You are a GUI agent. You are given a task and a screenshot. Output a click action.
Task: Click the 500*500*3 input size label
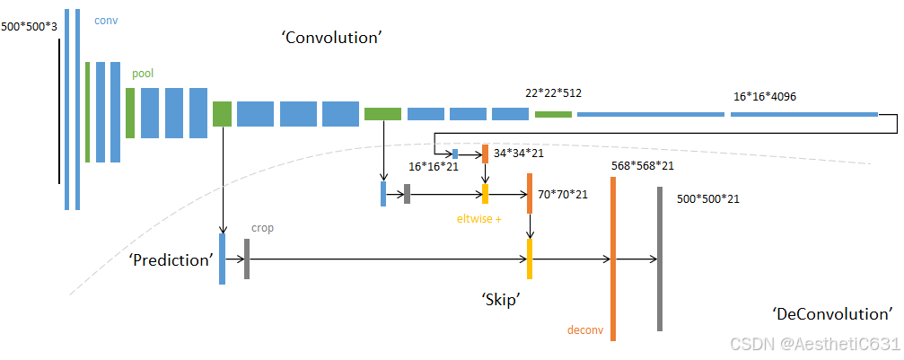click(29, 27)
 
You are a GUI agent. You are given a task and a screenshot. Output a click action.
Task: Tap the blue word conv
click(106, 19)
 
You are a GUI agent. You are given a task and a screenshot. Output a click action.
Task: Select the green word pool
click(143, 73)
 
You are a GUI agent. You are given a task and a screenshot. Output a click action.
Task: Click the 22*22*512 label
click(553, 92)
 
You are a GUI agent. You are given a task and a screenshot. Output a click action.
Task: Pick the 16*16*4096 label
click(765, 97)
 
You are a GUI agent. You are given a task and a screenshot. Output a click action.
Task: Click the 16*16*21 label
click(434, 167)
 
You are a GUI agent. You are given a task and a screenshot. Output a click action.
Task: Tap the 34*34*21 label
click(519, 153)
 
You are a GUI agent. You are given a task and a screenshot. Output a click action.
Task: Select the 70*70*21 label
click(563, 194)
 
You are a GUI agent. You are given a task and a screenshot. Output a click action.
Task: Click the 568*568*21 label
click(642, 165)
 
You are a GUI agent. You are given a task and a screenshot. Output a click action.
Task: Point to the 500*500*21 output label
click(707, 198)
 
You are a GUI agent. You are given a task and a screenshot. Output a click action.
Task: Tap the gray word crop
click(262, 228)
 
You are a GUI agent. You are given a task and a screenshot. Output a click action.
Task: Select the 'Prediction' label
click(171, 259)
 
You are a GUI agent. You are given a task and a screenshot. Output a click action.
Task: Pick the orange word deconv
click(584, 329)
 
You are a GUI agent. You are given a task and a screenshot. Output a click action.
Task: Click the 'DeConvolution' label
click(832, 313)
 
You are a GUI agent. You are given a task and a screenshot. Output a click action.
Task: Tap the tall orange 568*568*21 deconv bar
click(613, 259)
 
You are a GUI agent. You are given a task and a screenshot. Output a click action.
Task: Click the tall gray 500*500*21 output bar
click(659, 259)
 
